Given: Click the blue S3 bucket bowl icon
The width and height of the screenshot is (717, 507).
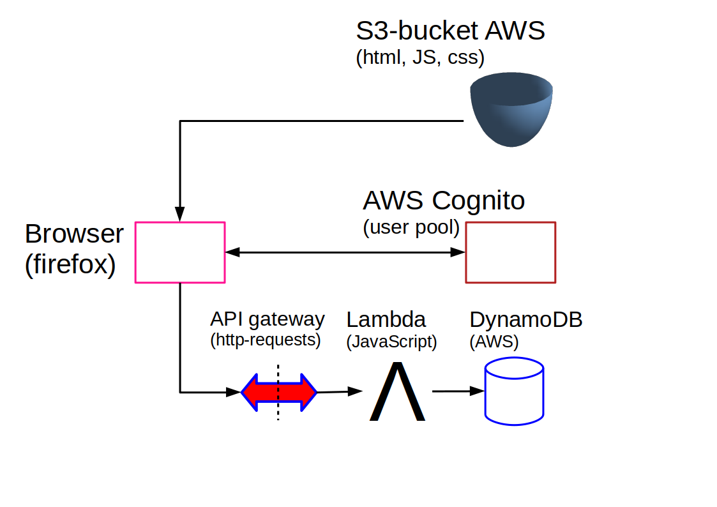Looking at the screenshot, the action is click(511, 110).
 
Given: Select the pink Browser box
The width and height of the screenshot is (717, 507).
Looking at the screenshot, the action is click(135, 252).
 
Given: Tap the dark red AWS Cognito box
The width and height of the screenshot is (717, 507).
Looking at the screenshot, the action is click(466, 252).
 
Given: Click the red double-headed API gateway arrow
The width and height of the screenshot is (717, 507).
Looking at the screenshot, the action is click(279, 392).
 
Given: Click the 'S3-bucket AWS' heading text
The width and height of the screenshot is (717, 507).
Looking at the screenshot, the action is click(450, 31).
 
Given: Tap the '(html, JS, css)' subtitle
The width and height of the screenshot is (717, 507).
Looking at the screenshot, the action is click(420, 57).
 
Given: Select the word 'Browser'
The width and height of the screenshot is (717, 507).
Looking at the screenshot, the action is click(74, 234).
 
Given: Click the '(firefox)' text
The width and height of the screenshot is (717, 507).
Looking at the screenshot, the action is click(70, 264).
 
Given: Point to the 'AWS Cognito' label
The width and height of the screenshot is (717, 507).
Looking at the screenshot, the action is click(444, 201).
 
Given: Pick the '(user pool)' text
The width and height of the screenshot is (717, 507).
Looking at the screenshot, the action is click(411, 227).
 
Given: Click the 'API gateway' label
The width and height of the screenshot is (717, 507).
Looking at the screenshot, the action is click(268, 319).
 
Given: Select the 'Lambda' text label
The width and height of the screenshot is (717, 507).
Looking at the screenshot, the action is click(386, 319).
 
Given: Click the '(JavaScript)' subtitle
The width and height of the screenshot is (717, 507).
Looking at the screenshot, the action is click(392, 342).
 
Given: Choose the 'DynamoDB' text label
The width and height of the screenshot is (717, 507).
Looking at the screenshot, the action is click(526, 319).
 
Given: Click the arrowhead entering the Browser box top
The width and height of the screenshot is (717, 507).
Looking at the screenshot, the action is click(179, 214).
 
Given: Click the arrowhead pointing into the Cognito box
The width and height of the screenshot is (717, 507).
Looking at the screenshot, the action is click(458, 252).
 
